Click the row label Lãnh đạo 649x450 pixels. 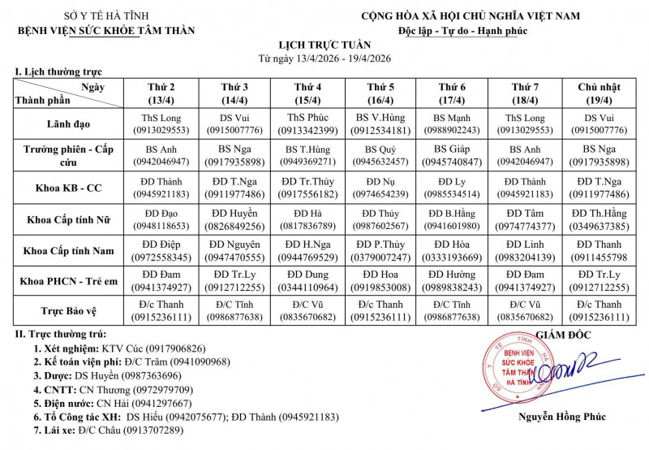pyautogui.click(x=68, y=123)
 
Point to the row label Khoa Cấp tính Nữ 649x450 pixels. pyautogui.click(x=68, y=219)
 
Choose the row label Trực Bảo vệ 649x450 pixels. pyautogui.click(x=68, y=310)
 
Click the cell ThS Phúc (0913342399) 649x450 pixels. pyautogui.click(x=307, y=123)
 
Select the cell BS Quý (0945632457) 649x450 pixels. pyautogui.click(x=380, y=155)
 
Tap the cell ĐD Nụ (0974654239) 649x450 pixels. pyautogui.click(x=380, y=188)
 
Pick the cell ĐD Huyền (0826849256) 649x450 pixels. pyautogui.click(x=235, y=219)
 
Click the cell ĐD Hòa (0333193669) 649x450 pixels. pyautogui.click(x=452, y=251)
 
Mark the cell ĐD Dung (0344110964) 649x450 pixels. pyautogui.click(x=307, y=281)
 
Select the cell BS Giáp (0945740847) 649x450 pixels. pyautogui.click(x=452, y=155)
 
